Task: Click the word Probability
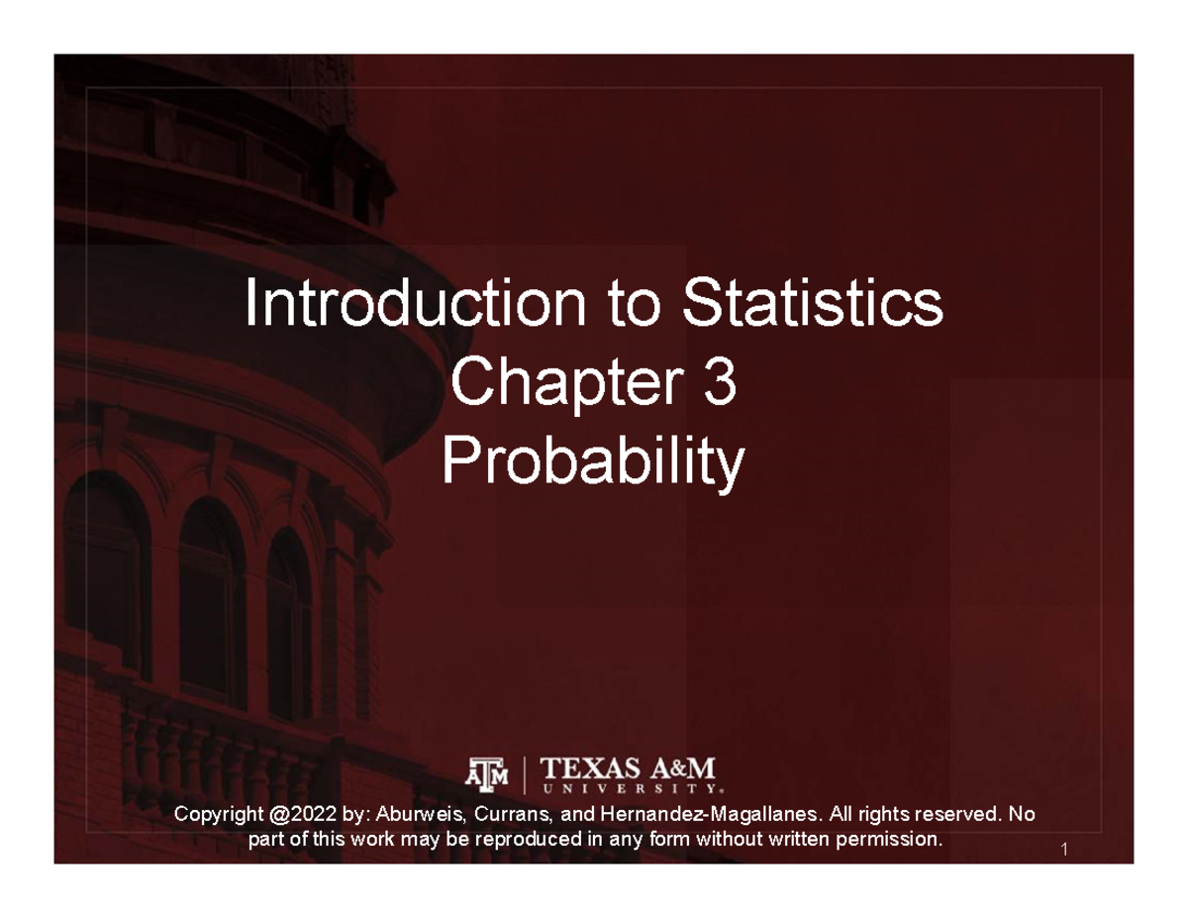click(593, 461)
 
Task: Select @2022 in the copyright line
click(298, 815)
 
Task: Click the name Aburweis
click(416, 815)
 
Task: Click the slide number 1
click(1061, 850)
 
